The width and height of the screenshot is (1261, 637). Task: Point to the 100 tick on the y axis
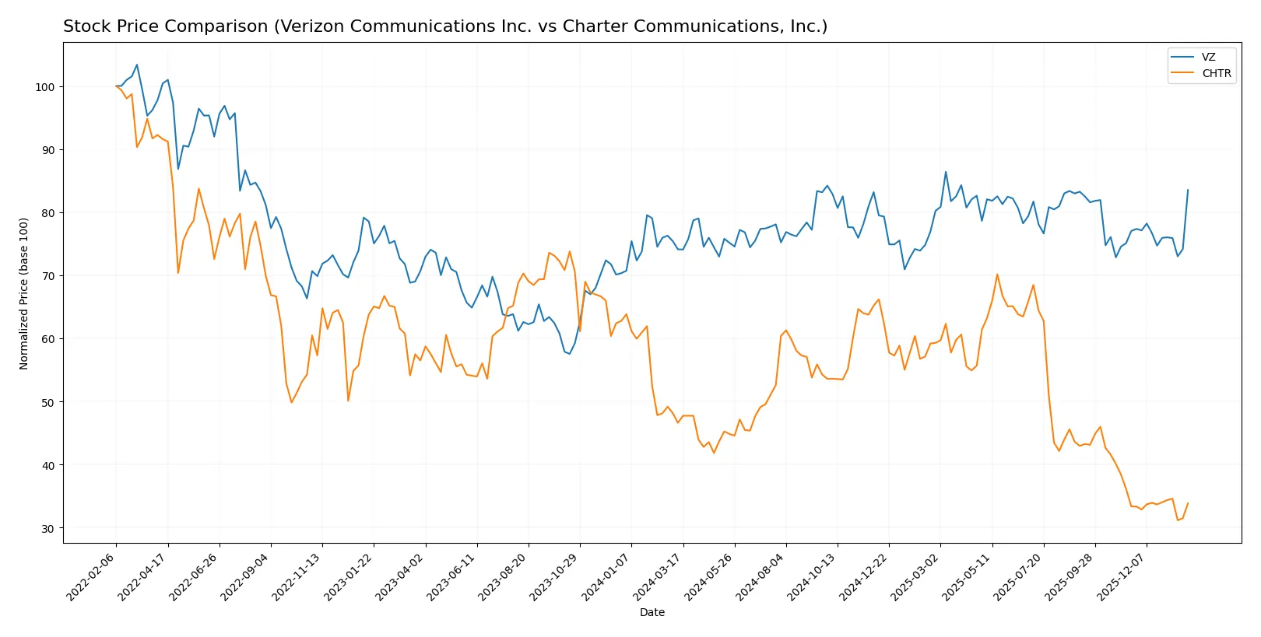tap(44, 86)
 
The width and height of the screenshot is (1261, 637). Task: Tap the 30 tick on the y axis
tap(47, 528)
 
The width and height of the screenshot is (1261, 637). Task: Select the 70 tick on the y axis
tap(47, 276)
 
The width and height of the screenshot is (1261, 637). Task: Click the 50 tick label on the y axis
tap(47, 402)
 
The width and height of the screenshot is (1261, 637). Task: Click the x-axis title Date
tap(652, 612)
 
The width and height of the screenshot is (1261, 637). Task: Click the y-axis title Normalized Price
tap(24, 293)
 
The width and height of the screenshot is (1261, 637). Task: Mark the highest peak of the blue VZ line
tap(137, 65)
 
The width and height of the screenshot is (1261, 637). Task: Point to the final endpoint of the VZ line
tap(1188, 190)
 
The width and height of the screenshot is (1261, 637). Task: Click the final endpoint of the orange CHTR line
tap(1188, 503)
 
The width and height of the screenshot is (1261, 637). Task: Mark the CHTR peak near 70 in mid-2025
tap(997, 274)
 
